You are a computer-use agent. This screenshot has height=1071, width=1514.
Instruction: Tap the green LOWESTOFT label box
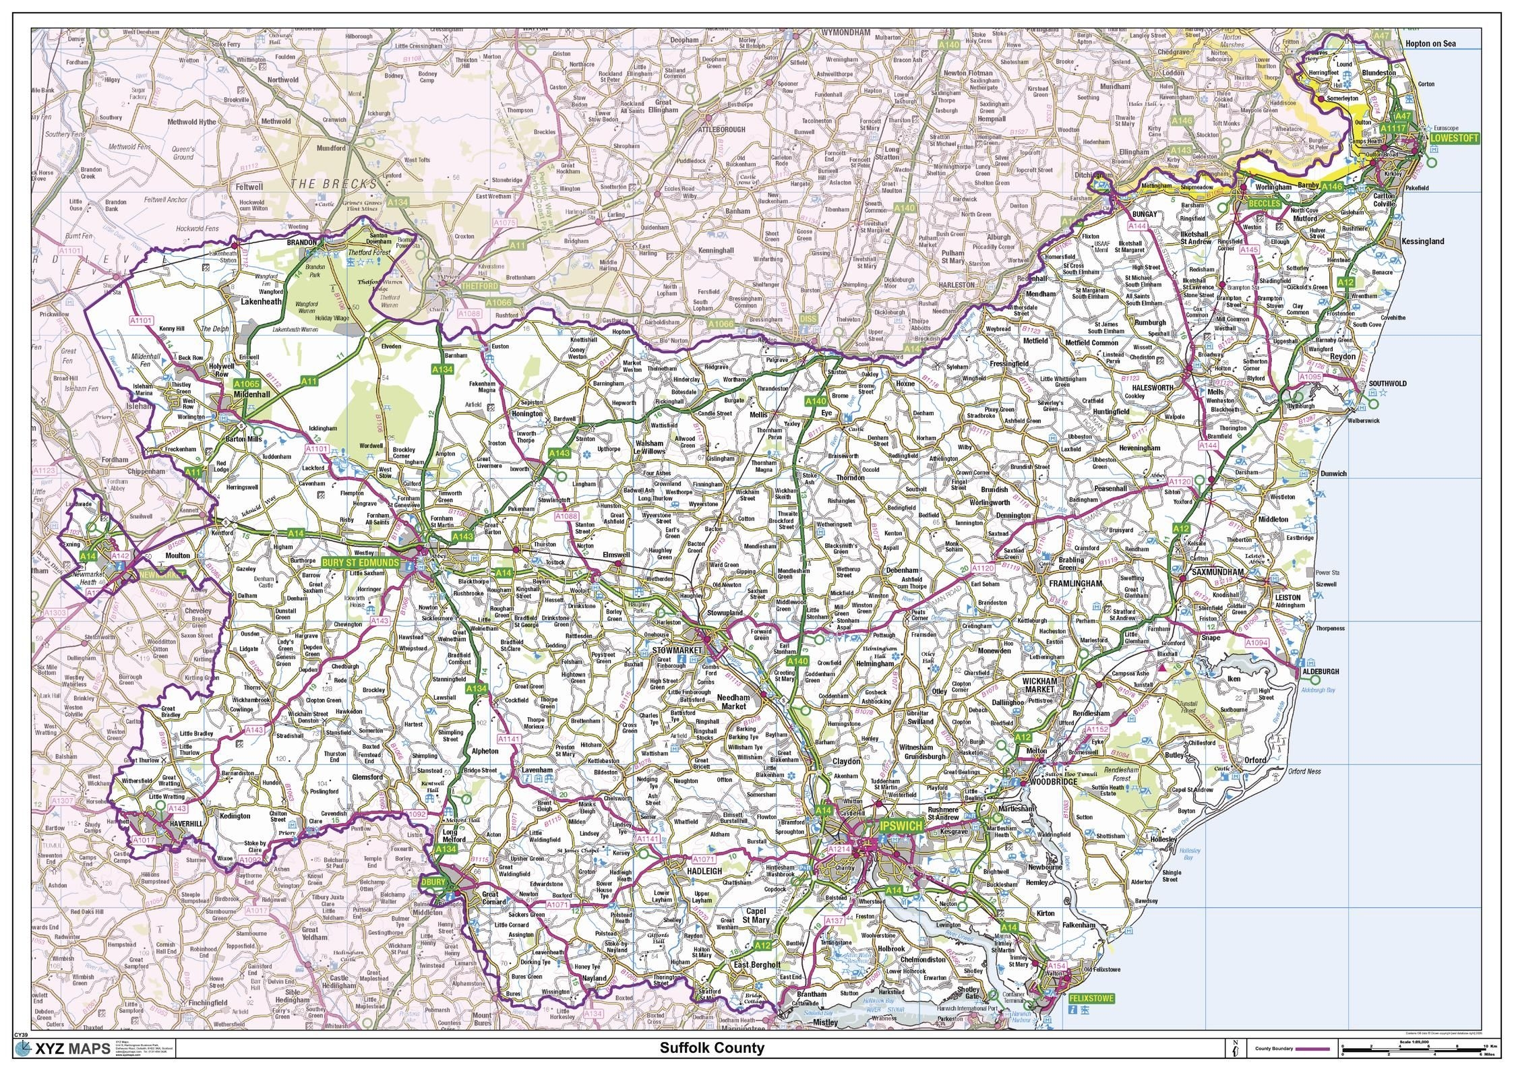click(x=1455, y=137)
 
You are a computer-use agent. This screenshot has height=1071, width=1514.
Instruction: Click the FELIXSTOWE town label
click(x=1091, y=998)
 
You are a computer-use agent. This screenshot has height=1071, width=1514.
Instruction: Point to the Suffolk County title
click(x=712, y=1048)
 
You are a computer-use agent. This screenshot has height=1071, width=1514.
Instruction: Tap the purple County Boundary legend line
click(x=1311, y=1049)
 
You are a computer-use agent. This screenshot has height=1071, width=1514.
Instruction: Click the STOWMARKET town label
click(x=677, y=649)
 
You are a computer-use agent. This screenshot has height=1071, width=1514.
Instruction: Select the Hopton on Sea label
click(x=1430, y=44)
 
